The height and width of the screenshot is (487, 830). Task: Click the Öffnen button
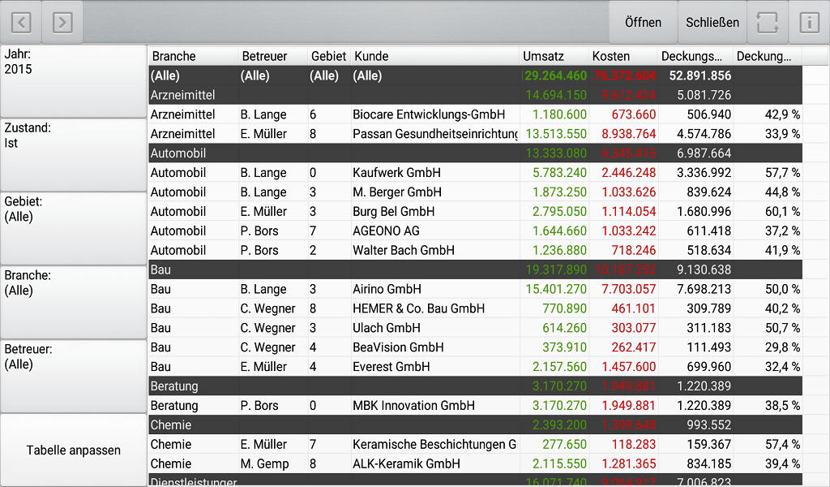(643, 23)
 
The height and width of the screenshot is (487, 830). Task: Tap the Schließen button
(712, 23)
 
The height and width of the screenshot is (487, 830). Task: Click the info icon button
(809, 23)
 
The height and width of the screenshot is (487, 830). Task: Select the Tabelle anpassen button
(73, 450)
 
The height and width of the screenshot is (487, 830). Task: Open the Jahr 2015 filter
(73, 81)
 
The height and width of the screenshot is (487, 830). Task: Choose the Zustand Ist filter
(73, 155)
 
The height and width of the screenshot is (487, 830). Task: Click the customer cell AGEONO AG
(386, 231)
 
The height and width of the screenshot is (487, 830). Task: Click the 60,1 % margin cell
(783, 212)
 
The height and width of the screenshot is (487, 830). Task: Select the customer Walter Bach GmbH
(404, 251)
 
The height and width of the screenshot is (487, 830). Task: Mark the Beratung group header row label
(174, 386)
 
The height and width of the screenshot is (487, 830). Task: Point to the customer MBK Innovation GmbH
(413, 406)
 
